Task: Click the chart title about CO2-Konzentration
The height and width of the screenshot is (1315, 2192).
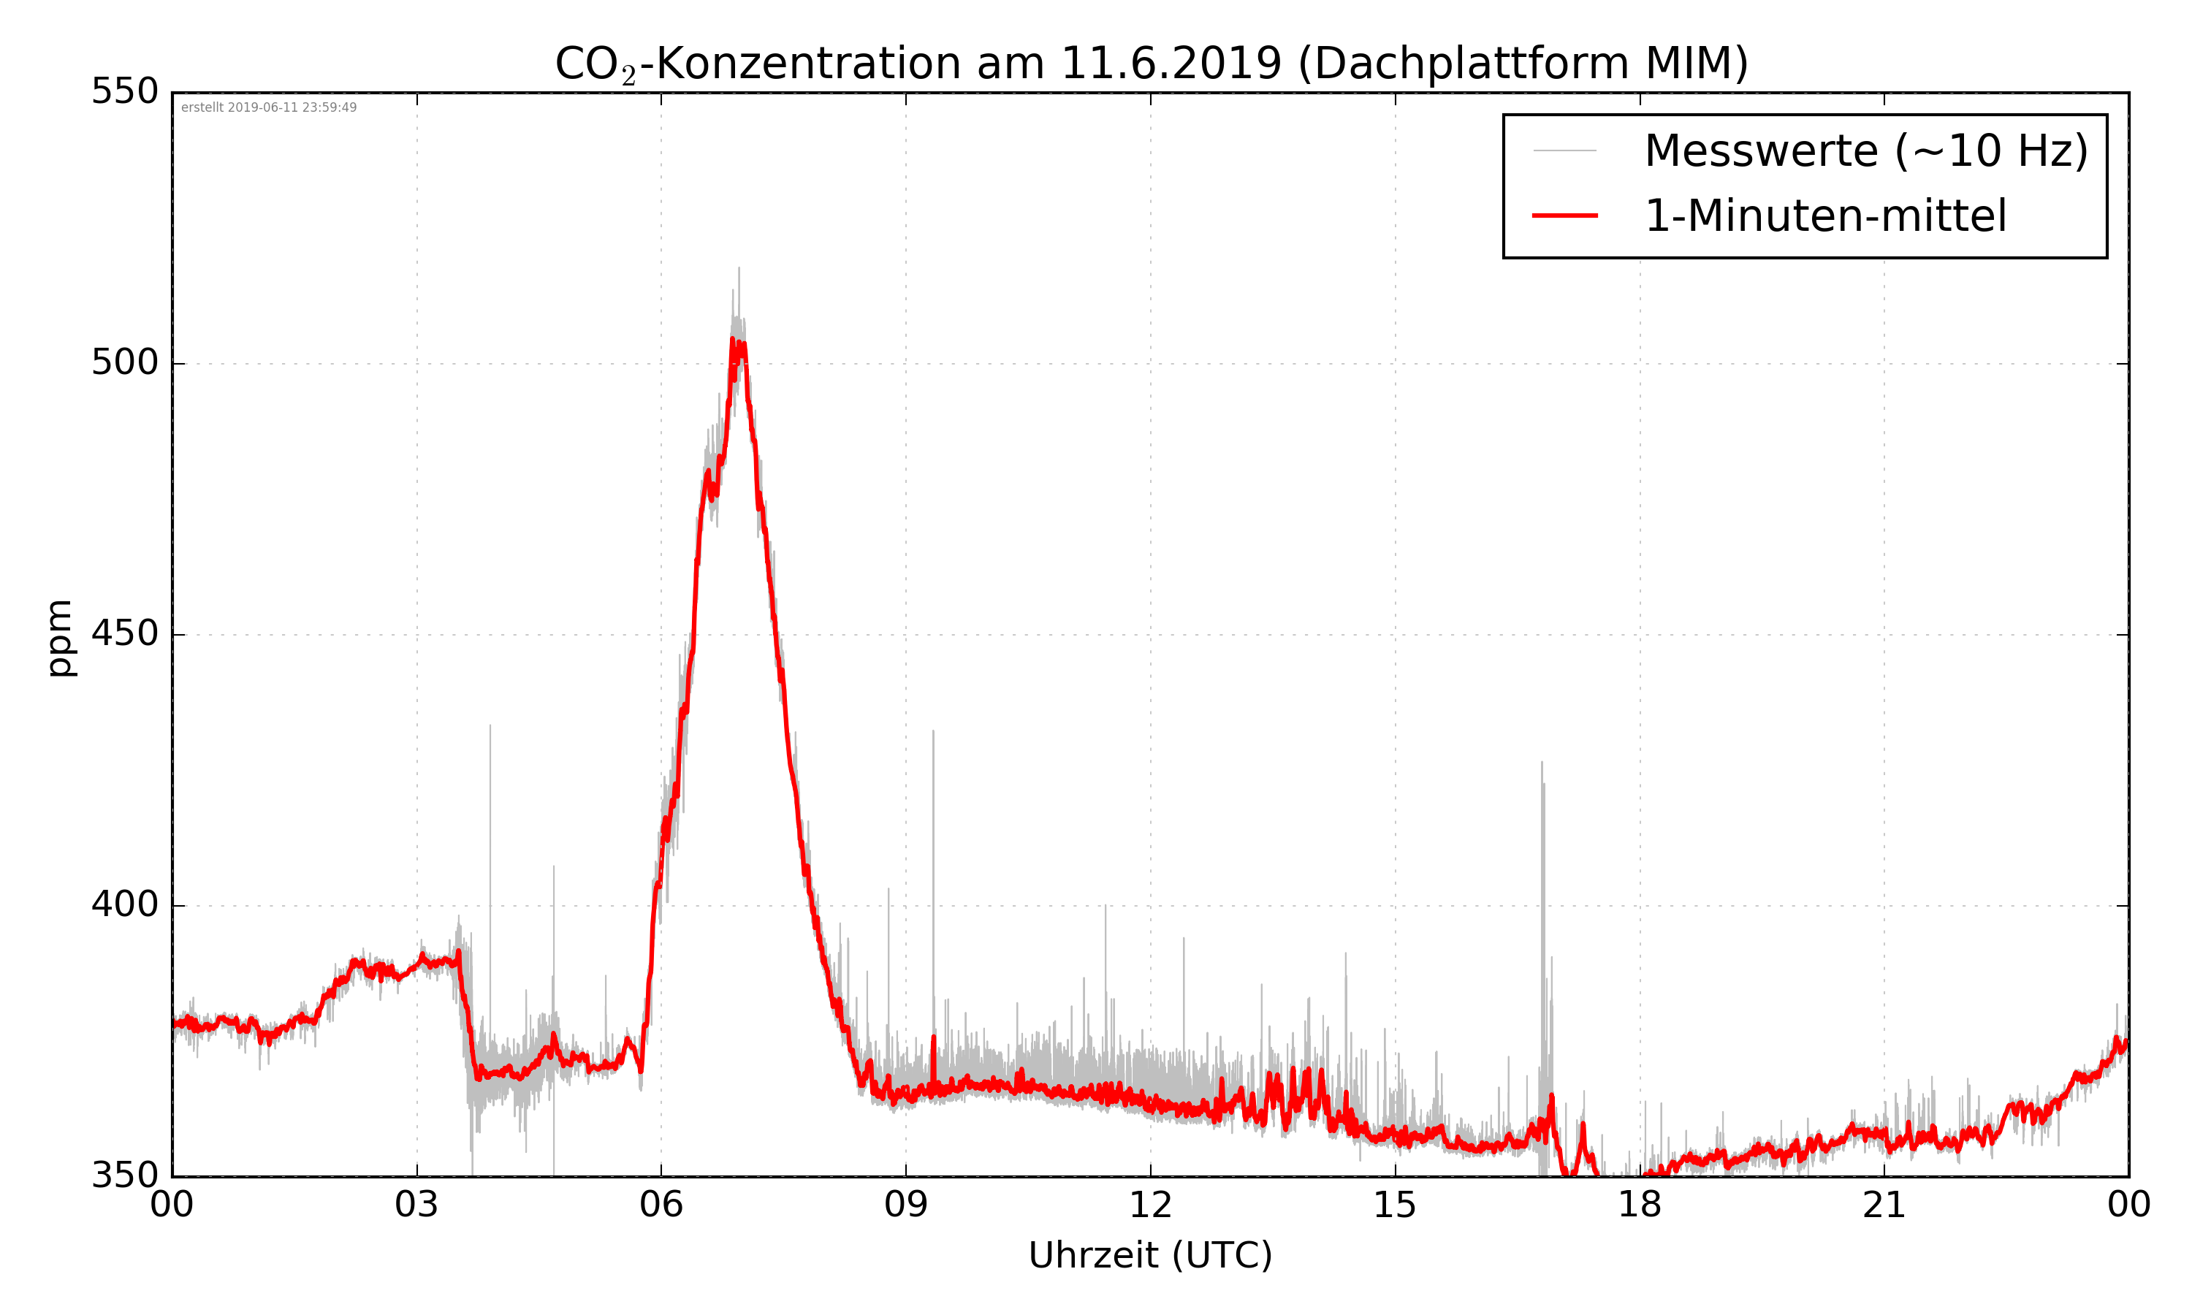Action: (1150, 64)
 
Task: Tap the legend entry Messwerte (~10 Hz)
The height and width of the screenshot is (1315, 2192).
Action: (1865, 150)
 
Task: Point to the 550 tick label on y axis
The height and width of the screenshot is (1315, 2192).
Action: (125, 91)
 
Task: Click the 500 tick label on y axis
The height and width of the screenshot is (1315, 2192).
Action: (125, 362)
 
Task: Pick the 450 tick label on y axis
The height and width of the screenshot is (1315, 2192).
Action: (125, 633)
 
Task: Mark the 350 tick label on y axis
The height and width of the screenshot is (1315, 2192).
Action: (125, 1176)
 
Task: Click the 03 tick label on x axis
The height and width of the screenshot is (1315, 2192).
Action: (416, 1206)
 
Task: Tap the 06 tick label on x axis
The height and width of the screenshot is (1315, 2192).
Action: (661, 1206)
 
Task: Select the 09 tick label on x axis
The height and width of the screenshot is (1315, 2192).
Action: (905, 1206)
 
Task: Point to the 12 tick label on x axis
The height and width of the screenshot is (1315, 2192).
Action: (1150, 1206)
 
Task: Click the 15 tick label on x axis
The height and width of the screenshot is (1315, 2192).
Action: (1395, 1206)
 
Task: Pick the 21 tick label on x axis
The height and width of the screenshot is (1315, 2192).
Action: (1884, 1206)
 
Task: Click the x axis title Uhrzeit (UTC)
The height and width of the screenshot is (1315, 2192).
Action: (1150, 1256)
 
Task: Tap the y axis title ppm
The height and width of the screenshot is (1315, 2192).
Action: (59, 638)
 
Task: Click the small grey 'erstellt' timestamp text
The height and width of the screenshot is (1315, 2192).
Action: (268, 108)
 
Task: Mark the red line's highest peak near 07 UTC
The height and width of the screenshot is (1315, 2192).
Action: (732, 340)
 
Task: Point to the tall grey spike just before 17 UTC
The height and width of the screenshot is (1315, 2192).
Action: (1542, 764)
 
